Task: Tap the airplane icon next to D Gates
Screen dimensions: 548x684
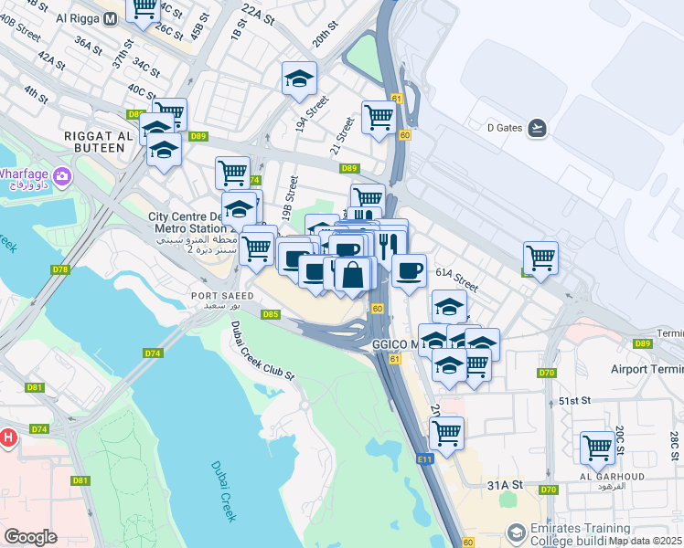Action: (x=537, y=128)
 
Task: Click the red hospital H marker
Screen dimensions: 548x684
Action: (x=7, y=437)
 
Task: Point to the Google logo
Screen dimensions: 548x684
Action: (x=30, y=537)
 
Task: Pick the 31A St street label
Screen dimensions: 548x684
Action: (x=504, y=485)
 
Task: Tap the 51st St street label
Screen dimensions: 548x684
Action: (x=576, y=401)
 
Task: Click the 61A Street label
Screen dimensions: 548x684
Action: (x=457, y=273)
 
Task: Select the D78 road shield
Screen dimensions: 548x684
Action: (x=60, y=269)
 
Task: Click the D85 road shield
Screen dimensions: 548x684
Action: (x=270, y=314)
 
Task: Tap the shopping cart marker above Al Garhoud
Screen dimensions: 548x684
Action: (x=597, y=448)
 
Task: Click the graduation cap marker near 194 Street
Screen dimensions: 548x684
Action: (x=299, y=79)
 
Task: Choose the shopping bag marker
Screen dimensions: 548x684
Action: (x=353, y=273)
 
